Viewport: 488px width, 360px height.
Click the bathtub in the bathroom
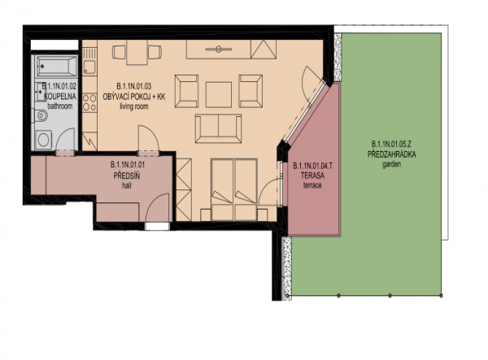[57, 66]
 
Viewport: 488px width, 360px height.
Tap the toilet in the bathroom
[41, 116]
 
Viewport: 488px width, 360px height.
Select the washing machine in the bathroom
[44, 140]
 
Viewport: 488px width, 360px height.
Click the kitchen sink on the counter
[89, 67]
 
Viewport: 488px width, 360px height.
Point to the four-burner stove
[89, 103]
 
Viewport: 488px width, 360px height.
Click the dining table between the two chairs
[137, 52]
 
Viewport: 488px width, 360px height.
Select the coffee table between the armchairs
[219, 94]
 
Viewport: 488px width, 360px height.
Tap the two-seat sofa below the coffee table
[219, 128]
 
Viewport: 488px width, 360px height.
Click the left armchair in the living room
[187, 91]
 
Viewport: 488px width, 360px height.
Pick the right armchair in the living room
[251, 91]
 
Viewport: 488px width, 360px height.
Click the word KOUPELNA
[59, 96]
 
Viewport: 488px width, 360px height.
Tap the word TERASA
[312, 176]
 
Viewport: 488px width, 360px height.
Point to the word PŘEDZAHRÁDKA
[391, 154]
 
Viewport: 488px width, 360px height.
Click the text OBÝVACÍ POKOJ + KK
[134, 97]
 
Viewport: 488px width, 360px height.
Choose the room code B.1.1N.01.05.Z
[391, 145]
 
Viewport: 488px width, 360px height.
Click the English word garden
[391, 164]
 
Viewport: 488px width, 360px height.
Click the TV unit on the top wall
[219, 49]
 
